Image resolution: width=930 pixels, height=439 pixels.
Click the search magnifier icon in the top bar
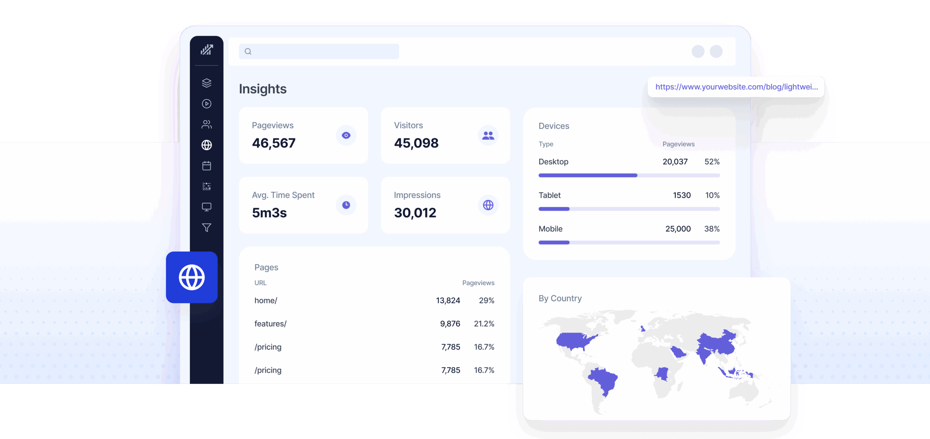coord(248,52)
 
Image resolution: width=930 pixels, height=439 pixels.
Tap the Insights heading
coord(263,89)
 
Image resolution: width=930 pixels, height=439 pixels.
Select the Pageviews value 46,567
coord(274,143)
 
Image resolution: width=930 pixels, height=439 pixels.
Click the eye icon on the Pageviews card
coord(346,135)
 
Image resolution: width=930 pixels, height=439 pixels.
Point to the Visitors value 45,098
coord(416,143)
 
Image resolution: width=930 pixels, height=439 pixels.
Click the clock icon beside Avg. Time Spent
coord(346,205)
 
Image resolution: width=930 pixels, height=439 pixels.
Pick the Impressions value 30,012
coord(415,213)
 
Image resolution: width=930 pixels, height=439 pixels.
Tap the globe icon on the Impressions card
coord(488,205)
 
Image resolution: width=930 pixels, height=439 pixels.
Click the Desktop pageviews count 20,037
coord(675,162)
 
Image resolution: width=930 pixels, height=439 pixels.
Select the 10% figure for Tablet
coord(712,195)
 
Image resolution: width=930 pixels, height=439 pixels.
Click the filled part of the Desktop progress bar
coord(587,175)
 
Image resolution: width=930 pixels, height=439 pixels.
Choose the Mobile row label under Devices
coord(550,229)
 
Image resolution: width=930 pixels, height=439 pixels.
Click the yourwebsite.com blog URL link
coord(736,87)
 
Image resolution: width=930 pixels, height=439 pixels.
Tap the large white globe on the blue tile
coord(192,277)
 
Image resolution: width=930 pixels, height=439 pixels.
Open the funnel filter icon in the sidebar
coord(207,228)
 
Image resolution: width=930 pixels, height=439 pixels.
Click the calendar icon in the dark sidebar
coord(207,166)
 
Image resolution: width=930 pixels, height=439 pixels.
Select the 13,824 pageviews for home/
coord(448,301)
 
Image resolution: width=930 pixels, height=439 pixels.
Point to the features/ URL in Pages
coord(270,324)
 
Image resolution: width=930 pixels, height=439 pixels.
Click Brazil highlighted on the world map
coord(603,379)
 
